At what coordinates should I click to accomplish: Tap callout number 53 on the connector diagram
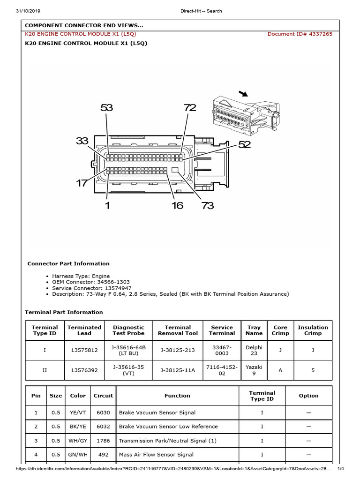[x=107, y=108]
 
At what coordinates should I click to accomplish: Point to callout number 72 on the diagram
[x=190, y=108]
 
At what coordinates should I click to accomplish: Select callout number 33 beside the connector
[x=82, y=141]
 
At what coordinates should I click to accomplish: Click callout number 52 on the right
[x=244, y=145]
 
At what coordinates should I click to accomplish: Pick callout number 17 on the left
[x=82, y=183]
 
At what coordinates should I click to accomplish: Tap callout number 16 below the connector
[x=177, y=205]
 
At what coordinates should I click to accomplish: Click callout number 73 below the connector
[x=208, y=205]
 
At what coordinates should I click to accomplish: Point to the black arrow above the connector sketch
[x=243, y=94]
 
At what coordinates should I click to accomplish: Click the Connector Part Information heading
[x=68, y=263]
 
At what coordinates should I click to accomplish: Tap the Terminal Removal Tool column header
[x=178, y=330]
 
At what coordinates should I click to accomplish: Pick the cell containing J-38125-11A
[x=178, y=370]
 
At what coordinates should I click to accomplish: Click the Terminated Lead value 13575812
[x=84, y=350]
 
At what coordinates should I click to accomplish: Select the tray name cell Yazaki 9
[x=254, y=370]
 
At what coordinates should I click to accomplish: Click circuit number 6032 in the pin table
[x=103, y=427]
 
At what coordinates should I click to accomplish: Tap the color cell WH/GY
[x=78, y=441]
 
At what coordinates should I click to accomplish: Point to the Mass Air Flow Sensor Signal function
[x=156, y=455]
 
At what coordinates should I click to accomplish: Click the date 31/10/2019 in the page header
[x=29, y=11]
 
